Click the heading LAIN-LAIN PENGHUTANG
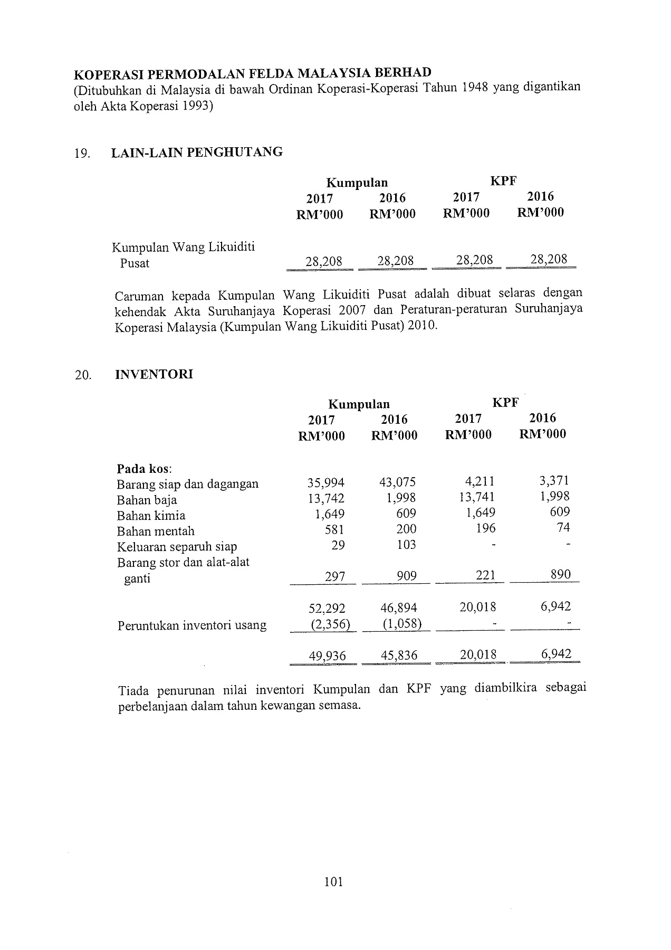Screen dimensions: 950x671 tap(197, 153)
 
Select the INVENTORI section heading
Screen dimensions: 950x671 tap(154, 374)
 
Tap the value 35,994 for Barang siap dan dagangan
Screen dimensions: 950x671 tap(326, 482)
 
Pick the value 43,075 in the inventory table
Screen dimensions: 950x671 tap(397, 482)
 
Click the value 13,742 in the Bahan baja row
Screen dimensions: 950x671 tap(326, 498)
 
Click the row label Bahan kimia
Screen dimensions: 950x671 tap(151, 516)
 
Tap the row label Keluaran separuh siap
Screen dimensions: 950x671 tap(177, 547)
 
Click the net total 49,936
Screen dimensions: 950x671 tap(327, 655)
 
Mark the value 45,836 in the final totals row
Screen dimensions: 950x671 tap(398, 655)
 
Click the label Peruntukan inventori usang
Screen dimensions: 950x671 tap(191, 625)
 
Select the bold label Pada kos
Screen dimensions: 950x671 tap(144, 469)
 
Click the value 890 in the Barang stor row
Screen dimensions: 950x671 tap(560, 574)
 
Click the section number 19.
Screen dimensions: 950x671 tap(82, 154)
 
